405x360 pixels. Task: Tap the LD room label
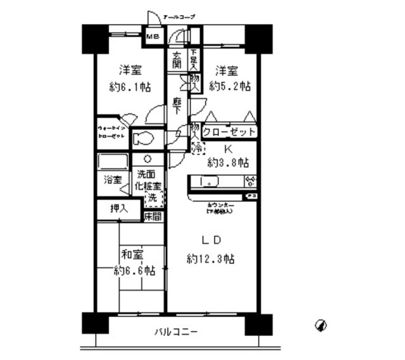coord(211,241)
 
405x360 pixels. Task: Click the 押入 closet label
coord(119,208)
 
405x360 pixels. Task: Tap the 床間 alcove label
coord(152,217)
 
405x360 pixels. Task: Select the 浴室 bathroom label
coord(113,180)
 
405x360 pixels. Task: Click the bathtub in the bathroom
coord(113,162)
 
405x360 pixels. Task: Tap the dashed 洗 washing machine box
coord(154,197)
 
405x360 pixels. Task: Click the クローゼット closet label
coord(229,132)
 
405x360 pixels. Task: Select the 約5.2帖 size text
coord(230,86)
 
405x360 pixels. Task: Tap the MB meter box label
coord(152,37)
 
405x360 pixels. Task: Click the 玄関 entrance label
coord(177,60)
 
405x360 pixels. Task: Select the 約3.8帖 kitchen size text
coord(228,162)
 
